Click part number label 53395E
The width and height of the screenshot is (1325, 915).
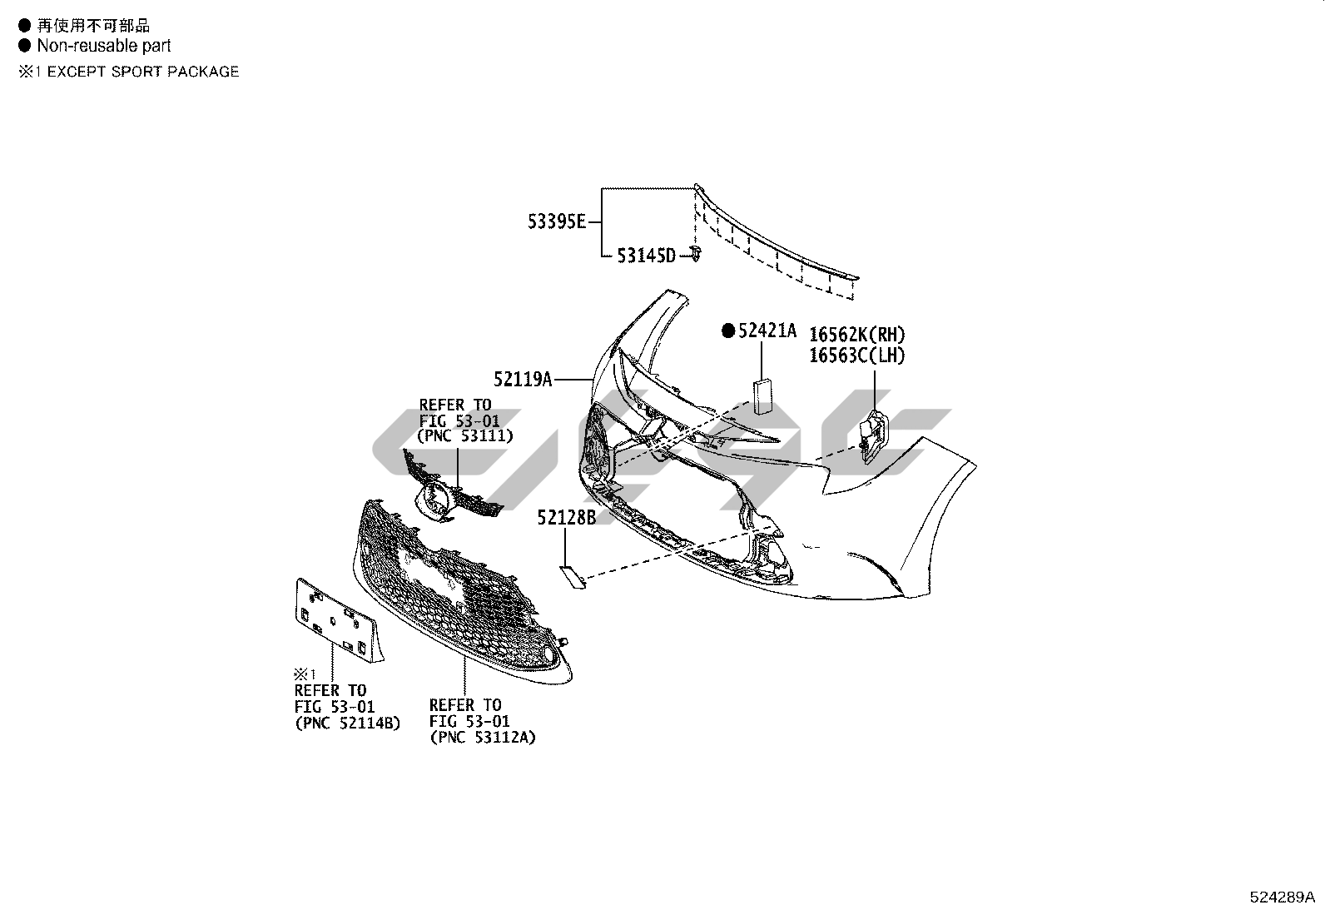click(x=557, y=222)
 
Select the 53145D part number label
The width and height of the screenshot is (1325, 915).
click(x=646, y=256)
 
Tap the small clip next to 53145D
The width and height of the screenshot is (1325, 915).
click(x=695, y=254)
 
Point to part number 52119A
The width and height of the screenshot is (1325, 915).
click(x=523, y=380)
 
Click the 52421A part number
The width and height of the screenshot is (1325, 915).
click(x=767, y=331)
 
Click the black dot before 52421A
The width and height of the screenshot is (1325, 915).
click(x=728, y=331)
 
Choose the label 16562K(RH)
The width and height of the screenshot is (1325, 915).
click(x=857, y=335)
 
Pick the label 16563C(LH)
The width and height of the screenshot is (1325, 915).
click(x=857, y=356)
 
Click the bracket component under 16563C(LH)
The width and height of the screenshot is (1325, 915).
click(x=871, y=434)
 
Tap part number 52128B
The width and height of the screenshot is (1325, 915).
click(x=567, y=518)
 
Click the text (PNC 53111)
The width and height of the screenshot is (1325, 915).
click(x=465, y=435)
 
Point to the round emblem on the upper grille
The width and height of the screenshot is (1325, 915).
click(x=434, y=503)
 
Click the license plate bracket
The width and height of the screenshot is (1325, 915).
click(x=336, y=620)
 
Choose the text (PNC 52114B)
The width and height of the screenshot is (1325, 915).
click(x=348, y=723)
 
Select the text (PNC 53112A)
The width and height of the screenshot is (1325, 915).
click(x=483, y=737)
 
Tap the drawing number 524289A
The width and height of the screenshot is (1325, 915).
click(x=1282, y=898)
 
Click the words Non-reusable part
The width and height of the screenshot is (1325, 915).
click(x=104, y=47)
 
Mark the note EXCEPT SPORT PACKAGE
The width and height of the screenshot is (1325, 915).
click(x=142, y=72)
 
